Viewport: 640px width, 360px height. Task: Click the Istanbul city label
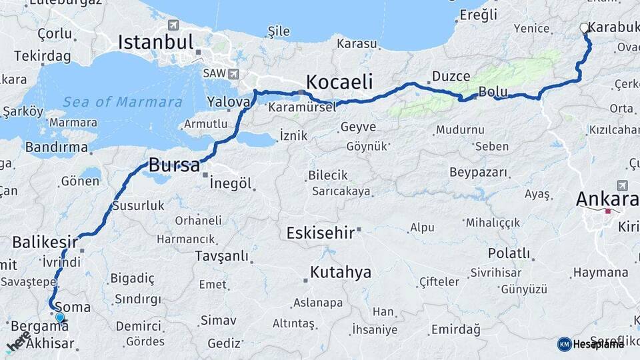coord(155,41)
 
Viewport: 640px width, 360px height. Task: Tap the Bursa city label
coord(173,165)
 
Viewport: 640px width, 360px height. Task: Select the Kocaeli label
coord(340,82)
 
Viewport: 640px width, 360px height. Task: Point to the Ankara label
coord(605,199)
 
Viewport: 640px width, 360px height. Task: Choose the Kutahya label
coord(341,272)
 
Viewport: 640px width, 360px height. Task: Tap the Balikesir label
coord(40,241)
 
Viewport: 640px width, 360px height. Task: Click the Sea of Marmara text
coord(123,102)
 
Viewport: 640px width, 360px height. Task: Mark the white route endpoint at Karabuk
coord(585,28)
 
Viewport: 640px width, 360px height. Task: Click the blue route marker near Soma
coord(60,318)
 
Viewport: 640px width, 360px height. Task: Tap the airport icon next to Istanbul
coord(174,25)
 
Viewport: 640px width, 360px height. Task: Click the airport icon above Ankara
coord(622,185)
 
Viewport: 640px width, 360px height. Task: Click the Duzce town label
coord(451,76)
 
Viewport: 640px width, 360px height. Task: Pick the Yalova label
coord(228,102)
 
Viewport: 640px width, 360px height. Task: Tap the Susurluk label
coord(138,205)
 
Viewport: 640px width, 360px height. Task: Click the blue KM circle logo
coord(564,344)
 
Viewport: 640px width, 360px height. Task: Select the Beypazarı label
coord(478,173)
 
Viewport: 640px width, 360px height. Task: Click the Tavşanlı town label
coord(221,256)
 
